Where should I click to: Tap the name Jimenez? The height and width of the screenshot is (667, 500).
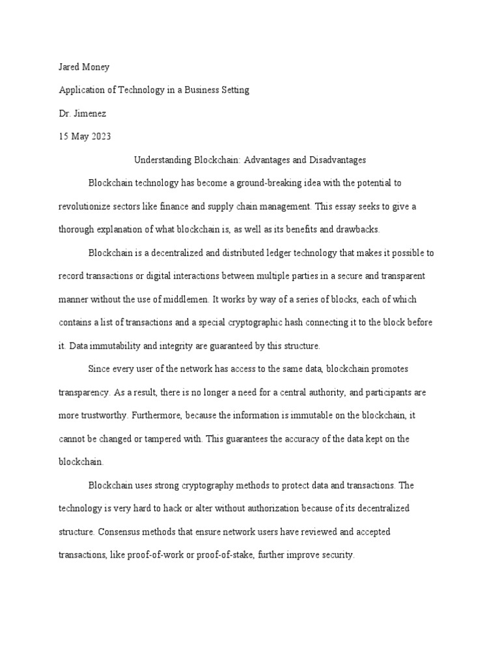coord(92,113)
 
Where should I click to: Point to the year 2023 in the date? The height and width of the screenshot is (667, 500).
coord(101,137)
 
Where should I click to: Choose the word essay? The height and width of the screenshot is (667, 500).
coord(355,206)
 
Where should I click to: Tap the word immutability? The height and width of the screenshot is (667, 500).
coord(115,346)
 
